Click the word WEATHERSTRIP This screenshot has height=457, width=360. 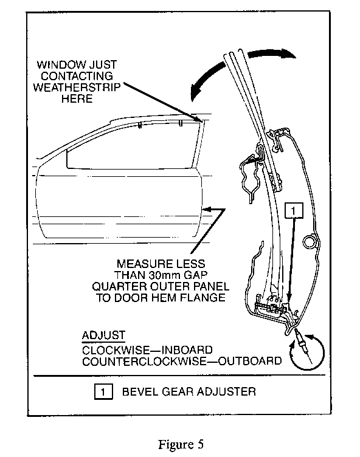click(x=77, y=87)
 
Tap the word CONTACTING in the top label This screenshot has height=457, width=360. click(x=77, y=76)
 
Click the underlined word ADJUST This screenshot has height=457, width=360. click(x=103, y=335)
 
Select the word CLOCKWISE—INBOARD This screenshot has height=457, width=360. click(x=147, y=350)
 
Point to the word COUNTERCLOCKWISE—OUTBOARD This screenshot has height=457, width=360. click(x=182, y=361)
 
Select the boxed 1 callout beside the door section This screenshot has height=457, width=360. click(x=294, y=210)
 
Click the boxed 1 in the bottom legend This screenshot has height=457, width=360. click(x=103, y=392)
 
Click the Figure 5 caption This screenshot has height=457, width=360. click(x=181, y=444)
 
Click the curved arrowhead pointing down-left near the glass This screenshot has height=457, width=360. click(x=196, y=92)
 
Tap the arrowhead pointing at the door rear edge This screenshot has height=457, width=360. click(x=208, y=209)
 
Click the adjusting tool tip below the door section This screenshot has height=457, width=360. click(x=296, y=331)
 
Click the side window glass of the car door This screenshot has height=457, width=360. click(x=131, y=146)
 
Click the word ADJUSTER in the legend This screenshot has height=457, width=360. click(x=226, y=391)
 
